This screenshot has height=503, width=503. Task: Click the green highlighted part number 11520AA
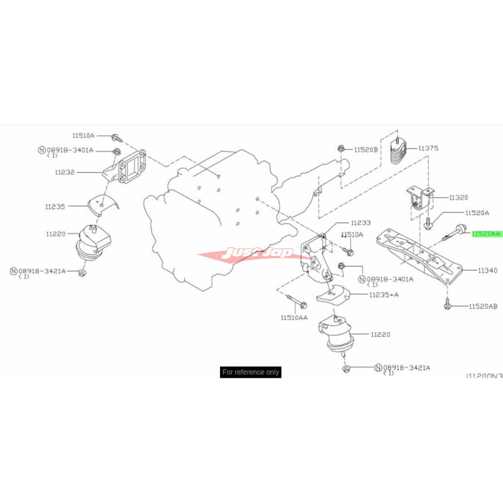(487, 233)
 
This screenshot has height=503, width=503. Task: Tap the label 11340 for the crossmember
(487, 270)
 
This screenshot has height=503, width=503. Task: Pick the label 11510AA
(295, 318)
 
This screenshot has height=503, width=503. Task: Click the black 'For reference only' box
(251, 372)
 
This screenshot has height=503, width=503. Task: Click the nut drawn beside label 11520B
(341, 149)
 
